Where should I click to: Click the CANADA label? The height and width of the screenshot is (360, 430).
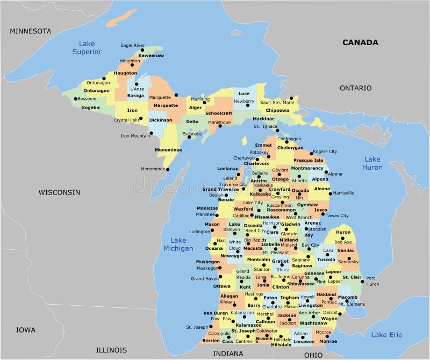click(360, 42)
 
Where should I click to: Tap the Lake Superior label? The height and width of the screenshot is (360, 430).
click(87, 48)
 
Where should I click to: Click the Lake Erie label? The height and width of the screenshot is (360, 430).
click(386, 335)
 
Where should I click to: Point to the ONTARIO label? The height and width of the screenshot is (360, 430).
click(355, 88)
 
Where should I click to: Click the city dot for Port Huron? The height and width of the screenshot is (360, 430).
click(362, 281)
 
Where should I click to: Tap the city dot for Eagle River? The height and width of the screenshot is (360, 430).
click(142, 50)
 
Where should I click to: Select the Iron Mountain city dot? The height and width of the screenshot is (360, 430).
click(151, 133)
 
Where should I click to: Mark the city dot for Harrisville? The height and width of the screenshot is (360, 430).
click(329, 193)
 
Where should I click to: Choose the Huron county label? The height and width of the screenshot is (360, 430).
click(343, 232)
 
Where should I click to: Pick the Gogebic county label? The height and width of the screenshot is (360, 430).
click(90, 107)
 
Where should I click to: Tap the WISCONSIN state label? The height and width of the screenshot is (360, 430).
click(59, 192)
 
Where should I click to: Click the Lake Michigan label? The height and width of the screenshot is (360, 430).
click(178, 244)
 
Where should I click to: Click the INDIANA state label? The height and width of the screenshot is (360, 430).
click(228, 354)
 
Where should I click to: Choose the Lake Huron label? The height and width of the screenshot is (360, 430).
click(372, 163)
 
